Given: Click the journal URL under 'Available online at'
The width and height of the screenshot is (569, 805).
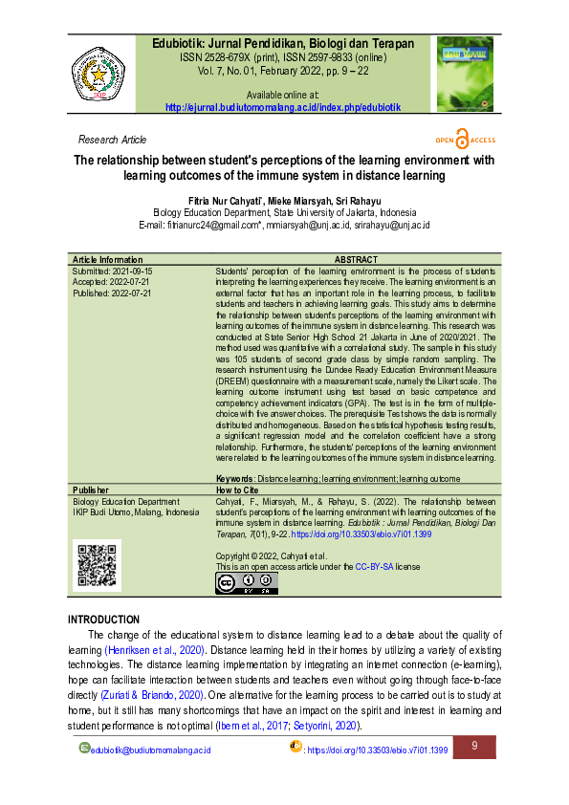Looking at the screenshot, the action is [283, 108].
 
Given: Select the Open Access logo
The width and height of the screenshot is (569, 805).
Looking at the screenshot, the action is [463, 139].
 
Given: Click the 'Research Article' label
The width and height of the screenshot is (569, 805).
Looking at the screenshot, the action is [113, 140].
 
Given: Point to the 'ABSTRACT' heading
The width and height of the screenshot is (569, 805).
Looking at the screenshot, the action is [356, 260].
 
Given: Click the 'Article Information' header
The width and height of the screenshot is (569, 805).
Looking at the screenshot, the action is [108, 260].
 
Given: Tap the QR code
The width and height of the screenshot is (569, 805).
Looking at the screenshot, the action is [97, 566].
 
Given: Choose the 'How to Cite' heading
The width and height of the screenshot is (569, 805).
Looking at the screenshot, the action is [238, 489].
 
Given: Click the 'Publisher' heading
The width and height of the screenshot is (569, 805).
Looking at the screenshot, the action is [91, 489].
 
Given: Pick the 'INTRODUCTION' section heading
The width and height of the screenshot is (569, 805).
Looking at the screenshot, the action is [103, 620].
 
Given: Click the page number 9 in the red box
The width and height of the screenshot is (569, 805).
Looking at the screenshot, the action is [475, 747].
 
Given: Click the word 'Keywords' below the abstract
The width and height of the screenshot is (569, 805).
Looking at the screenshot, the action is [234, 478].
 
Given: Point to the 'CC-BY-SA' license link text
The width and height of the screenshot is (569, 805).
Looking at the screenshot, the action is [376, 567].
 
